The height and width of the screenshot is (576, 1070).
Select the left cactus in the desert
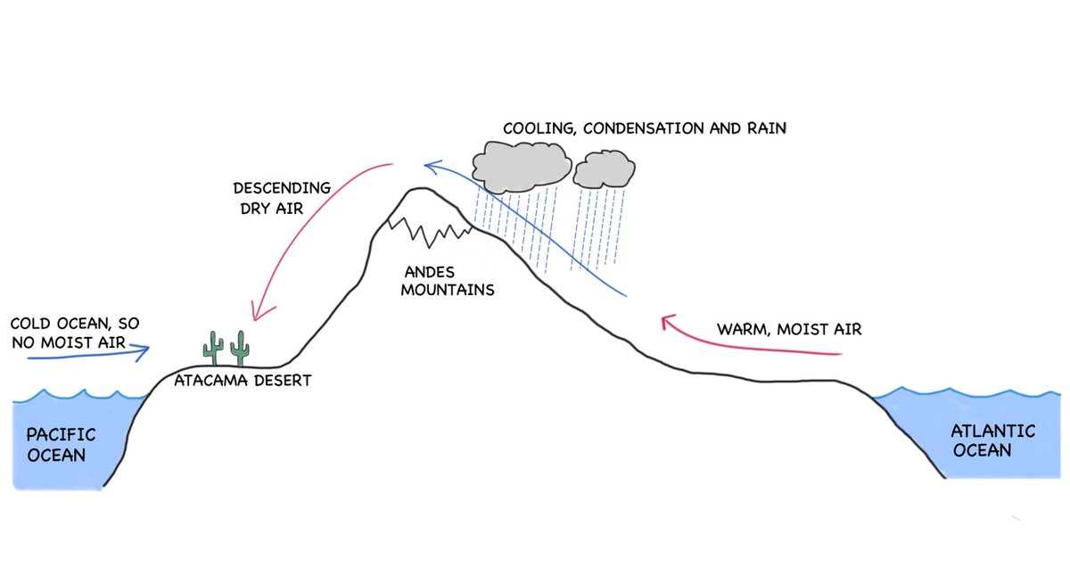[213, 348]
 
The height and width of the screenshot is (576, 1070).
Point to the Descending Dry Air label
[281, 197]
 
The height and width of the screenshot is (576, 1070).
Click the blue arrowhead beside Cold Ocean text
[143, 352]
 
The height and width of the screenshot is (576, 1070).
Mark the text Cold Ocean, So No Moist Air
[75, 331]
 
